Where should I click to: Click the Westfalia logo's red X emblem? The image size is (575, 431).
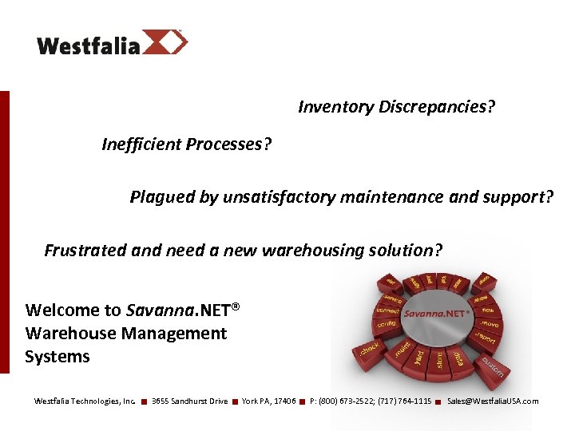pos(165,42)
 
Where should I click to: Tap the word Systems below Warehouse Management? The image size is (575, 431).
pos(57,357)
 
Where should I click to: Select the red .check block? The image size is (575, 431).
pos(369,350)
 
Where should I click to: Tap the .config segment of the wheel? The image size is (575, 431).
pos(387,326)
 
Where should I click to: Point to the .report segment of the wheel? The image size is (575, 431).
pos(485,338)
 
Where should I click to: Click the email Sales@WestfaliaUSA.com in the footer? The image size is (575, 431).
pos(493,401)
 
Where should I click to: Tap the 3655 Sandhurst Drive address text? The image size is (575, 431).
pos(189,401)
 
